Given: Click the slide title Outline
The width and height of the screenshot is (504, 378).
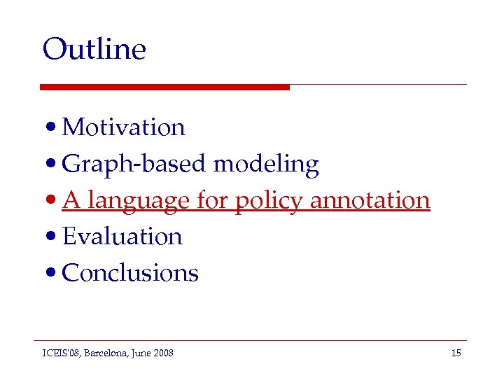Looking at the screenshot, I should (94, 50).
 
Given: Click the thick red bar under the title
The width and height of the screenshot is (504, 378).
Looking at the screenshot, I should (164, 87).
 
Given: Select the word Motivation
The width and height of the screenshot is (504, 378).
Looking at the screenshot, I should (123, 127).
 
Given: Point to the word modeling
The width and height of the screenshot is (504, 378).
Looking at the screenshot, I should (266, 164).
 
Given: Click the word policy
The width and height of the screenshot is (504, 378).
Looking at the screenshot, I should (269, 201).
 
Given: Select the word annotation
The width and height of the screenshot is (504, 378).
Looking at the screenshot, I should (369, 200).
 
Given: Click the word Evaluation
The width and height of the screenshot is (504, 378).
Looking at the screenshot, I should (122, 237).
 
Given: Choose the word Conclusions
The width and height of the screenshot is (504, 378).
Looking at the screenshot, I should (130, 273).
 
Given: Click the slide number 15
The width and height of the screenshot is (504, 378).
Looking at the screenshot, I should (456, 353).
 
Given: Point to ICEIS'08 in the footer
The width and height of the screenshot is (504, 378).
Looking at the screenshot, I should (60, 353).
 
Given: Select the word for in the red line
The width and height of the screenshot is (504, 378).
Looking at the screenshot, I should (212, 201).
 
